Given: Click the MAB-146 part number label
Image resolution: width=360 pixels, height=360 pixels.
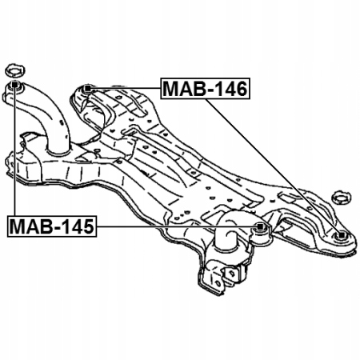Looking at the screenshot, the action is [x=205, y=89].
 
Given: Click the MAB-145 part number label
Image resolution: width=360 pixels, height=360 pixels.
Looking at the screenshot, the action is [x=52, y=226].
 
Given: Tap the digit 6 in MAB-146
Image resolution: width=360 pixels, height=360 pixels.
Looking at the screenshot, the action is [x=240, y=89].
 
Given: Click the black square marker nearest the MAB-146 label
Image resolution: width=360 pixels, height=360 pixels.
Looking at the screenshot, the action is [x=87, y=88].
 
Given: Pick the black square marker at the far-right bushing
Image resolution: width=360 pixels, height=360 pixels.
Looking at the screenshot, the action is [x=342, y=234].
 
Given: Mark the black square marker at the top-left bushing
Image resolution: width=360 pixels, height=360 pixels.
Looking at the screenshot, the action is [x=14, y=84].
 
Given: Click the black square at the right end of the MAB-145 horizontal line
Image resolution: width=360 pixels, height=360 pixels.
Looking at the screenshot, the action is [x=260, y=226].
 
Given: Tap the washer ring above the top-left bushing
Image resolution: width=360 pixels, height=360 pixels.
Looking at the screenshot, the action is [x=15, y=70].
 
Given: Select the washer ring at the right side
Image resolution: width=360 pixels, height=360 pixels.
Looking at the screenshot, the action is [x=341, y=198].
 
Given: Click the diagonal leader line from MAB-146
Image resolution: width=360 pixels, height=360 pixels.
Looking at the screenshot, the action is [x=273, y=166].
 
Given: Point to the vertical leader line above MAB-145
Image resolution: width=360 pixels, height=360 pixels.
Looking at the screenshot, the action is [x=14, y=151].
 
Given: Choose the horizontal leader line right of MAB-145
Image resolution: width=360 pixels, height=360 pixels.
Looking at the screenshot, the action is [x=177, y=226].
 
